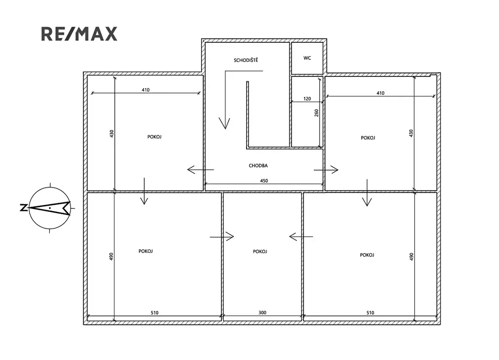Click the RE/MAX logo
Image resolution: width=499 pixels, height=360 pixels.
[79, 34]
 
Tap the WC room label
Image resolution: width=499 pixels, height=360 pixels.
[307, 58]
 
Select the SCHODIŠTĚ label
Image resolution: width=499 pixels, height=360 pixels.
[246, 60]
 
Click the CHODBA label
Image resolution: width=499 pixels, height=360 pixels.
[258, 165]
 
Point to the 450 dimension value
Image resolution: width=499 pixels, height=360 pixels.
[264, 181]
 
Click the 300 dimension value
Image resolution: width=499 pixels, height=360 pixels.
[262, 313]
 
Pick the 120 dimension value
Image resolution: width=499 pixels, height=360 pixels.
[307, 98]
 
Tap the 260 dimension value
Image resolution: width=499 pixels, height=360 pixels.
[316, 113]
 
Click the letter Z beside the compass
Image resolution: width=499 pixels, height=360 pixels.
[23, 208]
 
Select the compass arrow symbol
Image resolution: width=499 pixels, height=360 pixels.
[50, 208]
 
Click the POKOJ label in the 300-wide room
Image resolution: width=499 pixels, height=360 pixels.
[260, 251]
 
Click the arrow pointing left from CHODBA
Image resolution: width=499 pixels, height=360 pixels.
[200, 170]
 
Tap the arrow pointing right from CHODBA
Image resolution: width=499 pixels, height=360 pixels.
[326, 170]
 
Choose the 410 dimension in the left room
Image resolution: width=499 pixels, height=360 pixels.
[145, 90]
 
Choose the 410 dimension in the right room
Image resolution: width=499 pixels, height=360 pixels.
[380, 93]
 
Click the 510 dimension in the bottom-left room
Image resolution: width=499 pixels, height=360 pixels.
[154, 313]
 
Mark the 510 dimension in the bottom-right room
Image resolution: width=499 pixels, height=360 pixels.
[370, 313]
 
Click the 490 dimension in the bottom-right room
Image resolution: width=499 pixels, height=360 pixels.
[411, 257]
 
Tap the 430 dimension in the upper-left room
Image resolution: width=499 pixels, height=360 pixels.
[112, 133]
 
